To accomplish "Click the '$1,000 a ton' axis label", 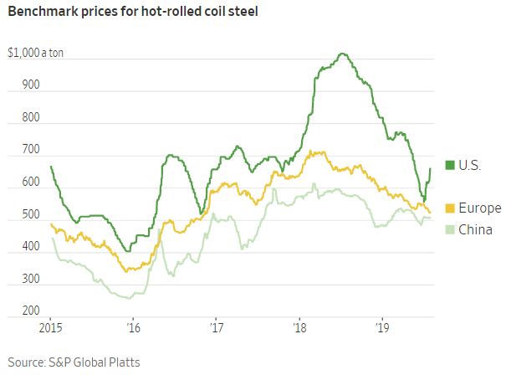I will pyautogui.click(x=35, y=54).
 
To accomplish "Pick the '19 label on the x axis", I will pyautogui.click(x=382, y=327).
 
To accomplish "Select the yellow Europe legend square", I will pyautogui.click(x=449, y=208).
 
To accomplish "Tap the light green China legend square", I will pyautogui.click(x=449, y=229).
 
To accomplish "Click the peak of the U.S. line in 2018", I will pyautogui.click(x=341, y=54).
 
